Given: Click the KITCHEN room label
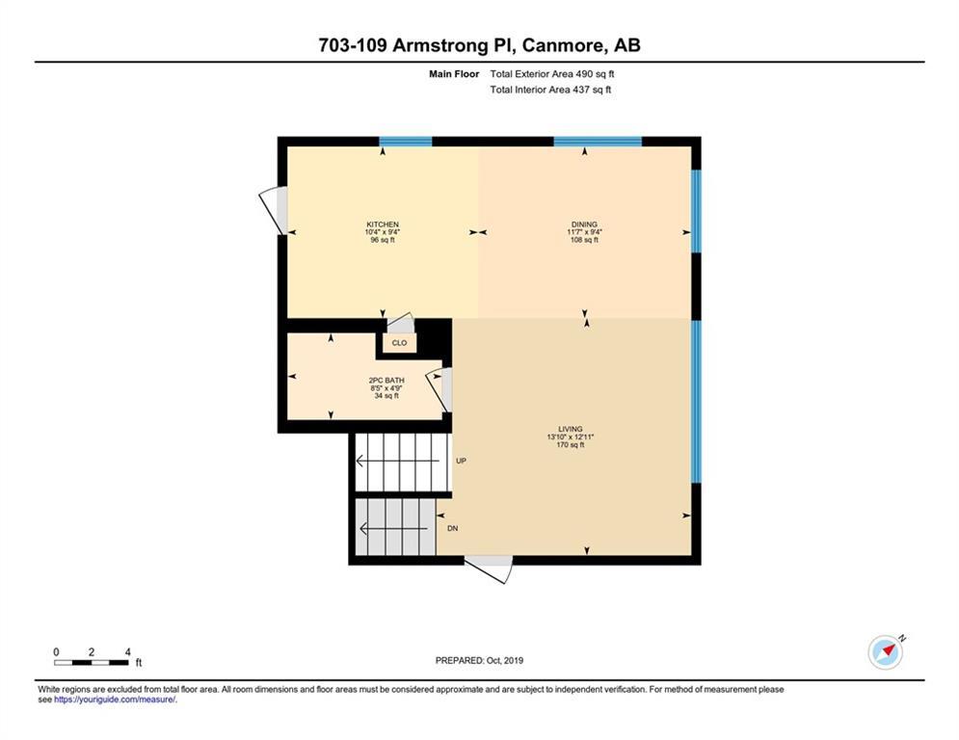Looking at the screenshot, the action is tap(383, 225).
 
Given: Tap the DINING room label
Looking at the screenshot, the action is tap(584, 225).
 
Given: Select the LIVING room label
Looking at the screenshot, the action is tap(570, 430).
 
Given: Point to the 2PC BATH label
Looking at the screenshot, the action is tap(386, 381).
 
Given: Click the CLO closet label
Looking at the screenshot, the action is tap(399, 343).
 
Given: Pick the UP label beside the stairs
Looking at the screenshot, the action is tap(461, 461).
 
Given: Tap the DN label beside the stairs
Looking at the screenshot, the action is tap(453, 528).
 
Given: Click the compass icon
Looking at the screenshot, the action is tap(886, 652).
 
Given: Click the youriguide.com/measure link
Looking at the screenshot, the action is tap(115, 700).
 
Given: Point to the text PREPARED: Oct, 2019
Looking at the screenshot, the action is tap(480, 660).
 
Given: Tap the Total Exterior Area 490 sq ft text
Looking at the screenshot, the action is tap(552, 74).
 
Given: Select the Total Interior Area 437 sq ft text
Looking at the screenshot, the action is tap(550, 90).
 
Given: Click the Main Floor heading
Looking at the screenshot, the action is tap(454, 74).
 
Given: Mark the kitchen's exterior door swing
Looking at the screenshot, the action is tap(274, 210).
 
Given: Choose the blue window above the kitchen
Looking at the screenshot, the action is tap(406, 142).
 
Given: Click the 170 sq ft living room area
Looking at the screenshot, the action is tap(570, 445).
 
